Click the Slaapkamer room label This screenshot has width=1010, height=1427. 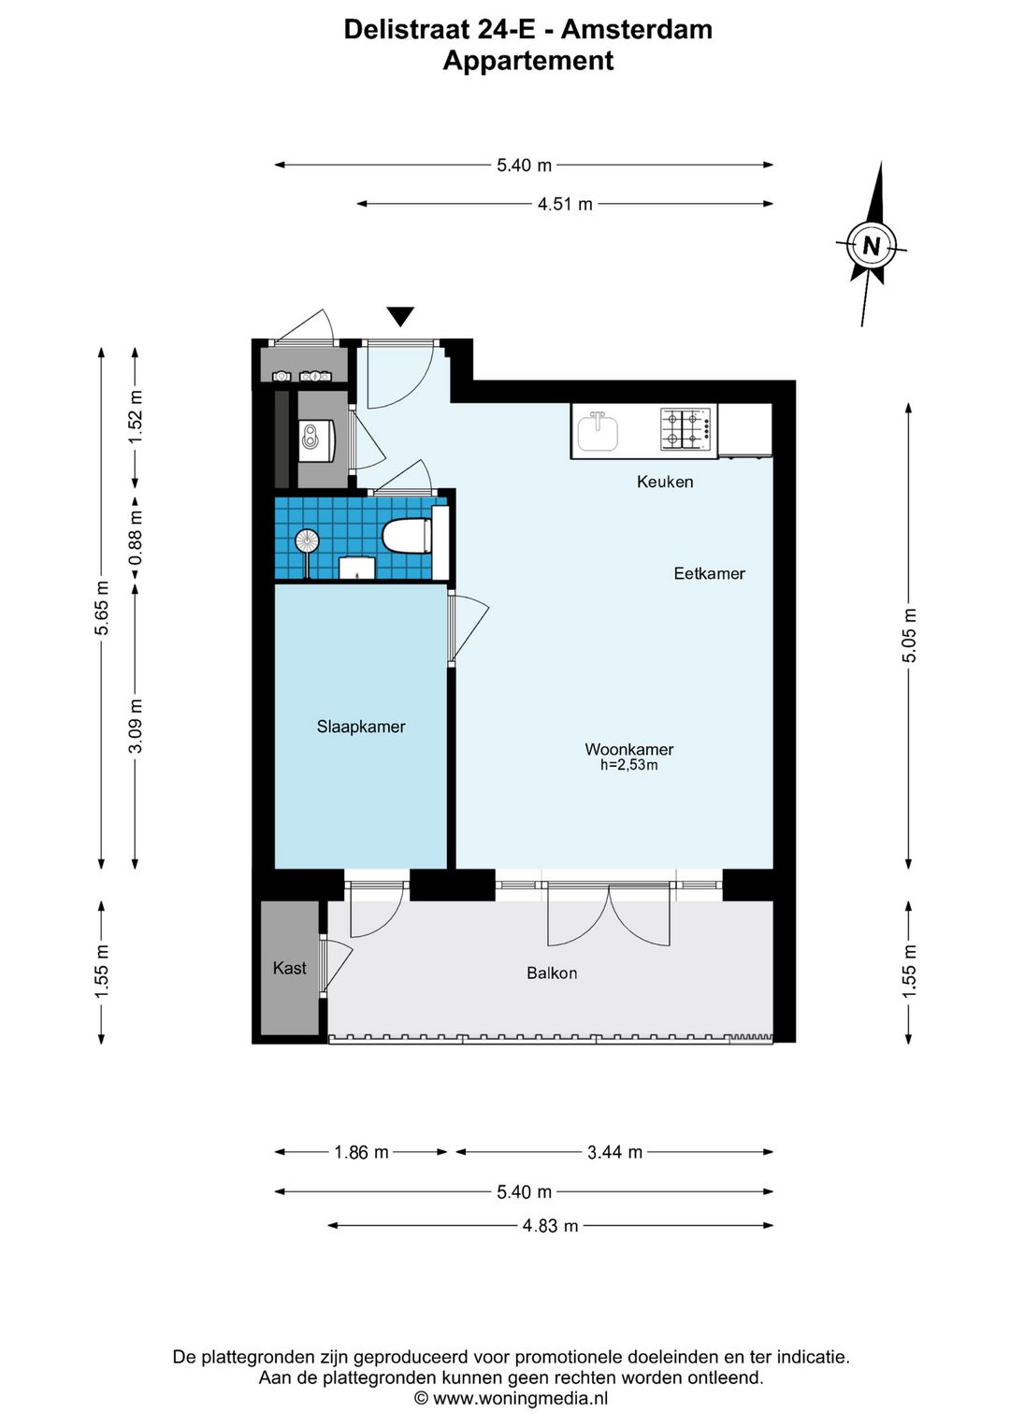pos(361,727)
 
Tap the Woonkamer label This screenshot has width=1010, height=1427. pos(629,749)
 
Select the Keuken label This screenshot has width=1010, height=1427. pos(665,482)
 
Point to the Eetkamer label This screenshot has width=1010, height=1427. pos(709,573)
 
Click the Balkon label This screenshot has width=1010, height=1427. pos(552,973)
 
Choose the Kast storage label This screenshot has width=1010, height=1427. pos(289,968)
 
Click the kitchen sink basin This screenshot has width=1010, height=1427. pos(598,432)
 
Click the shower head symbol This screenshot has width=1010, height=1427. pos(307,541)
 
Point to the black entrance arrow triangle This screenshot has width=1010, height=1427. pos(400,317)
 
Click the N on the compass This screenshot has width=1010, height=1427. pos(871,245)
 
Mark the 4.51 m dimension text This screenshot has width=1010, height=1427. pos(565,204)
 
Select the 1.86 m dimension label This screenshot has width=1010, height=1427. pos(361,1152)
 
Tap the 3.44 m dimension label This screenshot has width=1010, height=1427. pos(615,1152)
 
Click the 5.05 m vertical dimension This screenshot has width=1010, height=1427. pos(909,635)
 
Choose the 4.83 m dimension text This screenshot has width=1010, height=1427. pos(551,1225)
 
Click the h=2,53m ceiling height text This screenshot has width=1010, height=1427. pos(629,765)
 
